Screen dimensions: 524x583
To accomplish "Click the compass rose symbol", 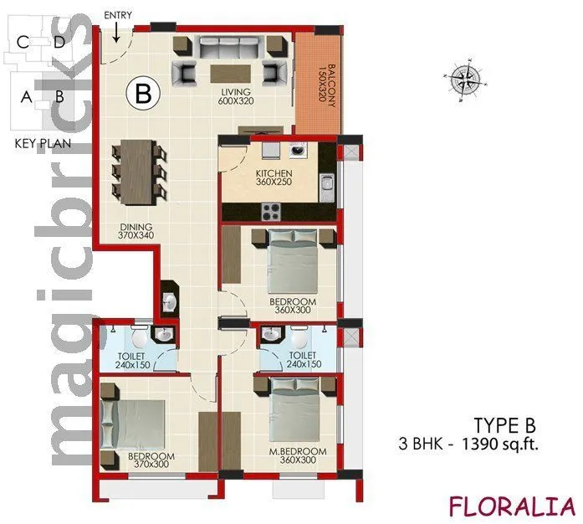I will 462,80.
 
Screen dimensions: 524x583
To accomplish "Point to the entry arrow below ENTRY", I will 116,33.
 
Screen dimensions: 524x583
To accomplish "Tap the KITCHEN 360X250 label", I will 274,177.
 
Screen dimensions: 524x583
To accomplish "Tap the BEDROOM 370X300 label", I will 151,461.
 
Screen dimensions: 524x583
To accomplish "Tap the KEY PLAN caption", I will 42,143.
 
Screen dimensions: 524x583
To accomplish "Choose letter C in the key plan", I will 23,41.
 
